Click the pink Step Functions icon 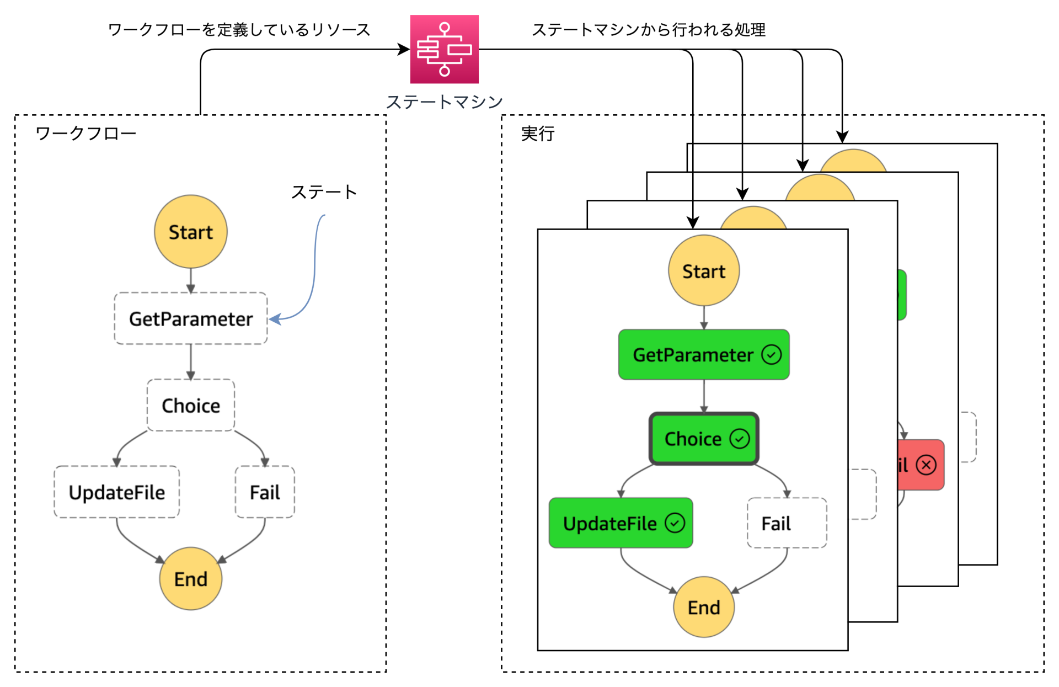(x=444, y=49)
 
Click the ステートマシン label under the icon (x=444, y=102)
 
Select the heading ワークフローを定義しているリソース (x=238, y=30)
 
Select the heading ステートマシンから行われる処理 (x=648, y=30)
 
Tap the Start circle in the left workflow (x=190, y=232)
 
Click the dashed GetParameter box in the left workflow (x=190, y=318)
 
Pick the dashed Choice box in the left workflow (x=190, y=406)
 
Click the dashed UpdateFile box (x=116, y=492)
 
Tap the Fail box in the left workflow (x=265, y=492)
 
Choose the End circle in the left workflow (x=190, y=579)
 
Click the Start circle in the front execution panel (x=703, y=271)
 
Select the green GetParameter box (x=693, y=355)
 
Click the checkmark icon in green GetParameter (x=771, y=355)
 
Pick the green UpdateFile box (x=609, y=523)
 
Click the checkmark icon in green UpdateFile (x=675, y=523)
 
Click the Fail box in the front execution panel (x=786, y=523)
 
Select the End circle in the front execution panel (x=703, y=607)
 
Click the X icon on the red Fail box (x=926, y=465)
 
